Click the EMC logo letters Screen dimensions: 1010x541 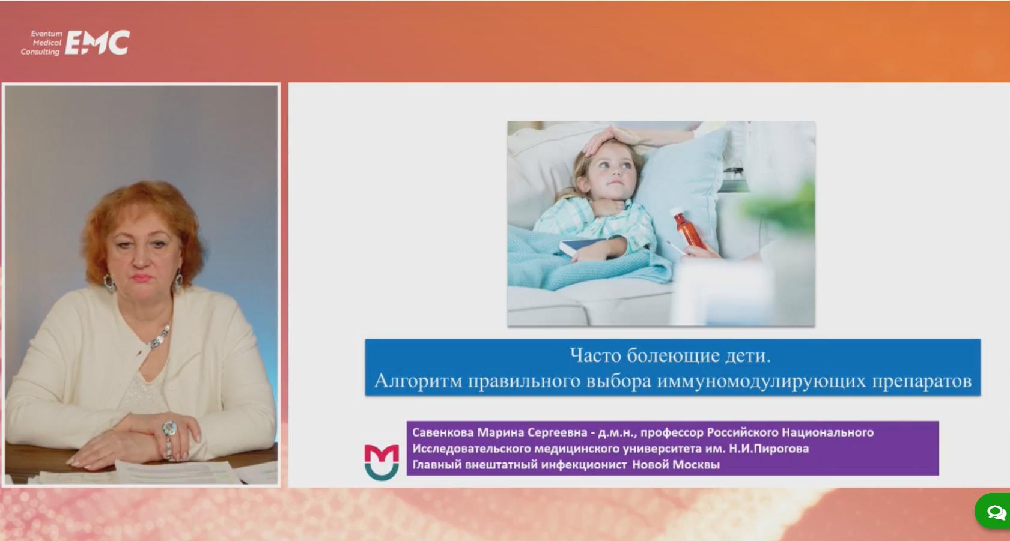(97, 43)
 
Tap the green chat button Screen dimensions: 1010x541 (993, 511)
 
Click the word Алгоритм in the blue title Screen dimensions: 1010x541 (418, 381)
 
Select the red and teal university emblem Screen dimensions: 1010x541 (382, 462)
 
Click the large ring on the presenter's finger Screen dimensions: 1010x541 (170, 428)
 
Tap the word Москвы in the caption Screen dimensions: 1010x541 (698, 465)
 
